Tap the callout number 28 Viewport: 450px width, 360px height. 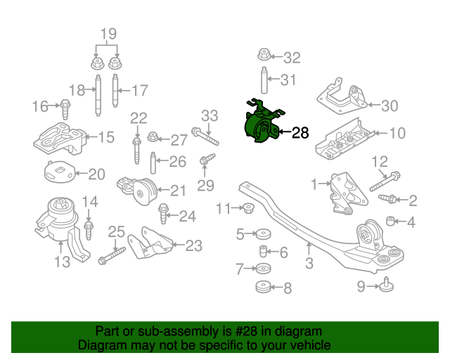300,131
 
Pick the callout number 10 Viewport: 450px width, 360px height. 397,132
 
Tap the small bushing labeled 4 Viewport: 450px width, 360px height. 392,223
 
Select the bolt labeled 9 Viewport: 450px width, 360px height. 386,285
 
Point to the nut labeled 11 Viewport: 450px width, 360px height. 247,207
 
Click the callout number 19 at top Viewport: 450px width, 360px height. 107,33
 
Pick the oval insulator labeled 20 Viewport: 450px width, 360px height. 56,172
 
